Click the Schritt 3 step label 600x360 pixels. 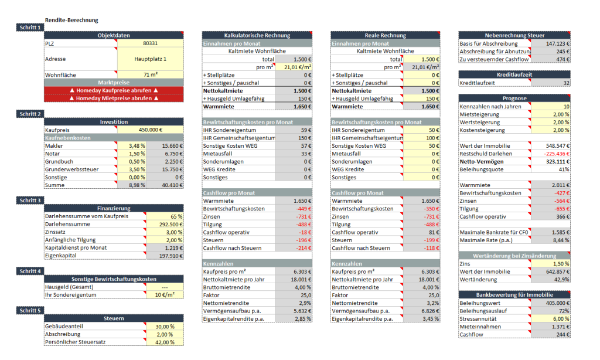tap(30, 201)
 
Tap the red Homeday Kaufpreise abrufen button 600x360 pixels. tap(114, 90)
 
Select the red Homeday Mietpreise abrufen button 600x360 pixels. tap(114, 99)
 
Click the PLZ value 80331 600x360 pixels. tap(151, 43)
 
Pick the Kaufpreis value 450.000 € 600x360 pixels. tap(151, 130)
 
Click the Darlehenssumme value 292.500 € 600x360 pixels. tap(171, 225)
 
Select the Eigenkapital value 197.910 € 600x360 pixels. tap(171, 256)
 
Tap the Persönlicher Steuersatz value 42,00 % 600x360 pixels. tap(165, 342)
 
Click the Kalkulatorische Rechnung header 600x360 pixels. tap(257, 35)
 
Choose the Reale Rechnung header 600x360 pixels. tap(386, 35)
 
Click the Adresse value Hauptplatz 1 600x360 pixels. tap(151, 59)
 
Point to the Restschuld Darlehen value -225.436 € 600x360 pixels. tap(557, 154)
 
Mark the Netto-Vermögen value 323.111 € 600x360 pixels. tap(558, 162)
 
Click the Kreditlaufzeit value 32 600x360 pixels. tap(567, 83)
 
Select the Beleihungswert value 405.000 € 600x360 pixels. tap(558, 303)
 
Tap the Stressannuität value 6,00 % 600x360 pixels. tap(561, 318)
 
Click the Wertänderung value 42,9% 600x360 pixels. tap(562, 280)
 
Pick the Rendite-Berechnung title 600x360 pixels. tap(71, 20)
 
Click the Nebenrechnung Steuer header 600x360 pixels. tap(514, 35)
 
